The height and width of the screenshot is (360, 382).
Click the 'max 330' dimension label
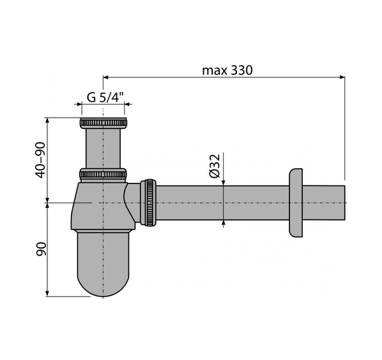pyautogui.click(x=227, y=70)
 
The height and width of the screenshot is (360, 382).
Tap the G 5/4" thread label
pyautogui.click(x=105, y=98)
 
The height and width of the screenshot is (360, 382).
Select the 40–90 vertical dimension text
pyautogui.click(x=40, y=160)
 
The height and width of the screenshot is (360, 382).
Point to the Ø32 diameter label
pyautogui.click(x=215, y=166)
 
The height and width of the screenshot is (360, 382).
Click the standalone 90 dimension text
pyautogui.click(x=41, y=249)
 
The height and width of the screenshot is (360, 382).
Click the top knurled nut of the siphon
pyautogui.click(x=103, y=123)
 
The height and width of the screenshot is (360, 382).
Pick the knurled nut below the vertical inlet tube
pyautogui.click(x=103, y=174)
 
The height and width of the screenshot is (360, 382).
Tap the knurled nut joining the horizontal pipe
pyautogui.click(x=148, y=203)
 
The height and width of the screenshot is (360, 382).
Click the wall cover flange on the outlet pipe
pyautogui.click(x=296, y=203)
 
